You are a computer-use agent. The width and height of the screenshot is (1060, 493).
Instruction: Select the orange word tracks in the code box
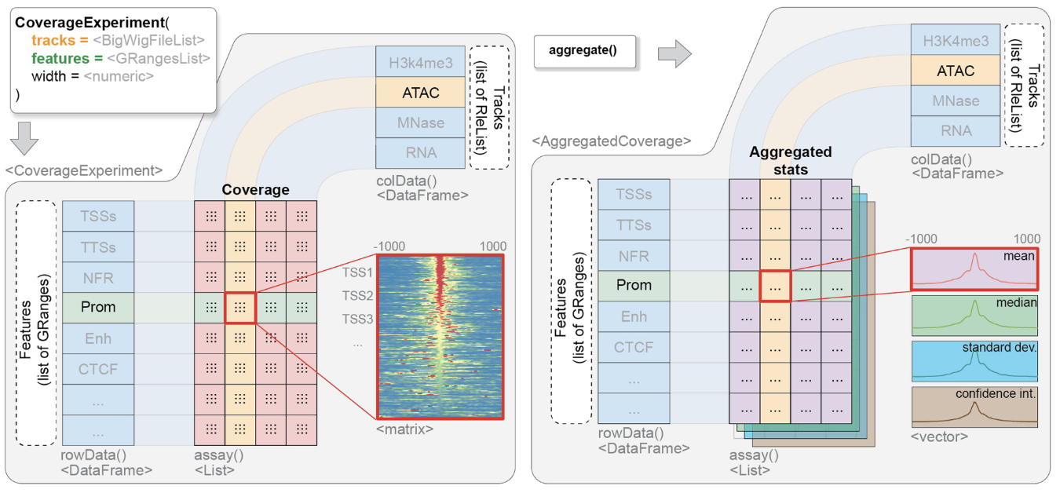click(49, 40)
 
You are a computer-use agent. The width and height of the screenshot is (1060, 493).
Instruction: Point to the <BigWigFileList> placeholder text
click(149, 40)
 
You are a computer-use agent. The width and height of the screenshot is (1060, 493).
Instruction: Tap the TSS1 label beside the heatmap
click(357, 272)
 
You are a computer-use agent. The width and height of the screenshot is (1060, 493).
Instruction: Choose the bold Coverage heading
click(255, 190)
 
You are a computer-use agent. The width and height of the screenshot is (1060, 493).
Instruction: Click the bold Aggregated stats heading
click(790, 159)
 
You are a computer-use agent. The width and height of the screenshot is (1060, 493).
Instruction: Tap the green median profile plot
click(974, 314)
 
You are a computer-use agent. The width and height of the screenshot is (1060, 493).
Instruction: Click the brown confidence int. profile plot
click(974, 405)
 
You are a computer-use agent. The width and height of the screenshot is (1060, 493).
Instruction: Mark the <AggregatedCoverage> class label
click(611, 141)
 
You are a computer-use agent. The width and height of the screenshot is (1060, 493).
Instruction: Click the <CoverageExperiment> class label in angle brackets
click(83, 170)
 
